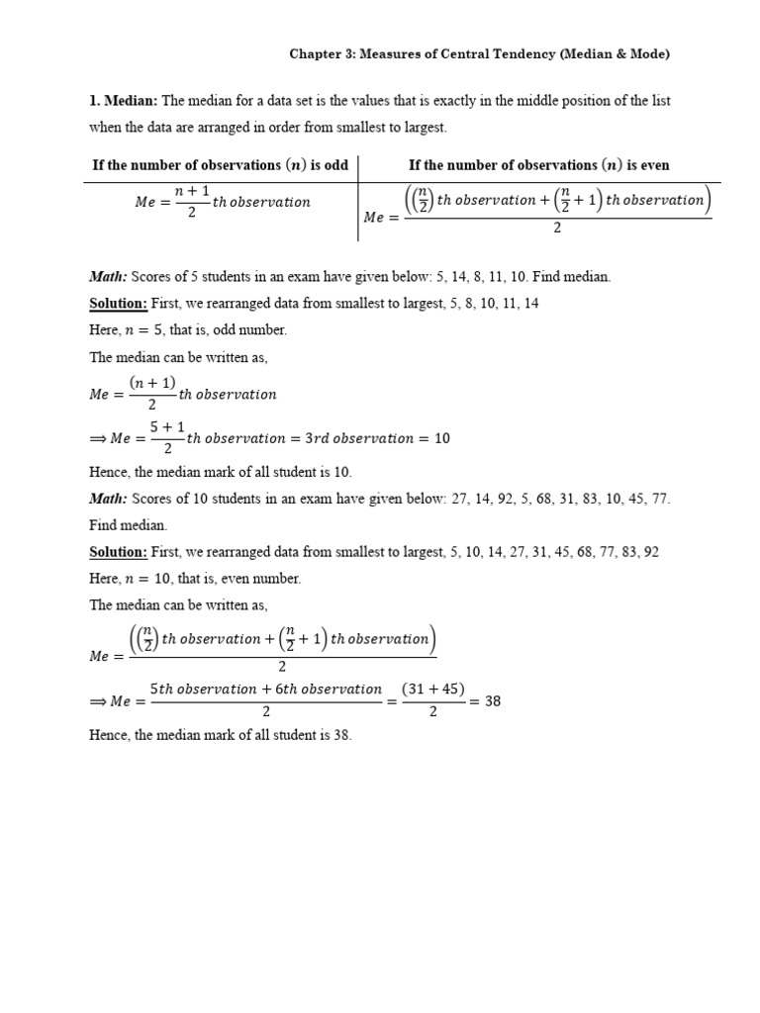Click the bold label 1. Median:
(123, 101)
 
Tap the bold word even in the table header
(652, 165)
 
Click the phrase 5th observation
(202, 689)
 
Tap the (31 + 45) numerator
(433, 690)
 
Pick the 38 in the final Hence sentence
(340, 736)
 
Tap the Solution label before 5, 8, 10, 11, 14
(118, 303)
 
